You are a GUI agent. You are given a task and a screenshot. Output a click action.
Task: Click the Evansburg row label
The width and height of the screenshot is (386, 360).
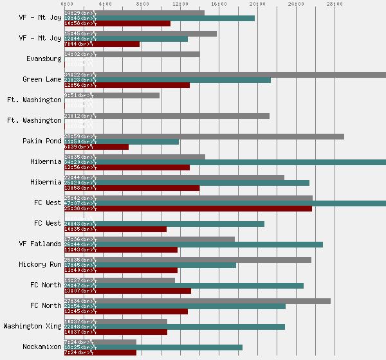point(44,59)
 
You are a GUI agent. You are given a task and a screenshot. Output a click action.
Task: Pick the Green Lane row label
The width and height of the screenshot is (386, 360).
point(42,79)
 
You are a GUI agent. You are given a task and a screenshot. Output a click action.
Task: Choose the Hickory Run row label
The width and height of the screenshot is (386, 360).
point(41,264)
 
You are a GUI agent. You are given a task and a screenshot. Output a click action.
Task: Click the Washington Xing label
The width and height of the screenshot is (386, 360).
point(33,326)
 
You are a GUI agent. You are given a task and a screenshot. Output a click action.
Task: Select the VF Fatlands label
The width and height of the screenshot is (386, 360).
point(41,244)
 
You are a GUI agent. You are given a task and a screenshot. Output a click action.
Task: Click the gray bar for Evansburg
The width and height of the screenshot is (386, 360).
point(132,54)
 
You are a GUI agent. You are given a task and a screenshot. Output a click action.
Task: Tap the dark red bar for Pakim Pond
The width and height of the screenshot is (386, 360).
point(96,147)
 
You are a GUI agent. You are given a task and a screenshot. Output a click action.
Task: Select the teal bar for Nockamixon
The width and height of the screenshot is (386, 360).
point(153,347)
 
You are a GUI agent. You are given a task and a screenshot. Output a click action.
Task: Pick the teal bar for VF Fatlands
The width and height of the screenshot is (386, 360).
point(194,244)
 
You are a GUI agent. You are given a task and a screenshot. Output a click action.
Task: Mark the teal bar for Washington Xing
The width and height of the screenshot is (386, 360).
point(174,327)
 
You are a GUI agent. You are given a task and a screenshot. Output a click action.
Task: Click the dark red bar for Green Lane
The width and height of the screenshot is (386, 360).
point(127,85)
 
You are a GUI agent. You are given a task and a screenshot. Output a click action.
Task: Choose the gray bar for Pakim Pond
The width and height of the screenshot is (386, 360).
point(204,136)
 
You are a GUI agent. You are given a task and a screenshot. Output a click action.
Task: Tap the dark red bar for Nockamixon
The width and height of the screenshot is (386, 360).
point(100,352)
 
